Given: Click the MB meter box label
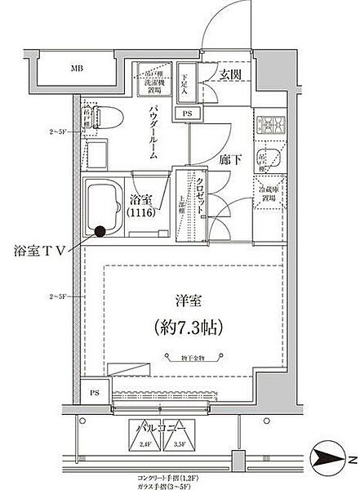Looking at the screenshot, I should tap(76, 68).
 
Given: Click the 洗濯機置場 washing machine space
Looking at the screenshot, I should tap(149, 78).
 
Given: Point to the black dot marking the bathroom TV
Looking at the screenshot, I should tap(100, 231).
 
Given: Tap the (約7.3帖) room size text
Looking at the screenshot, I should tap(181, 327).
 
